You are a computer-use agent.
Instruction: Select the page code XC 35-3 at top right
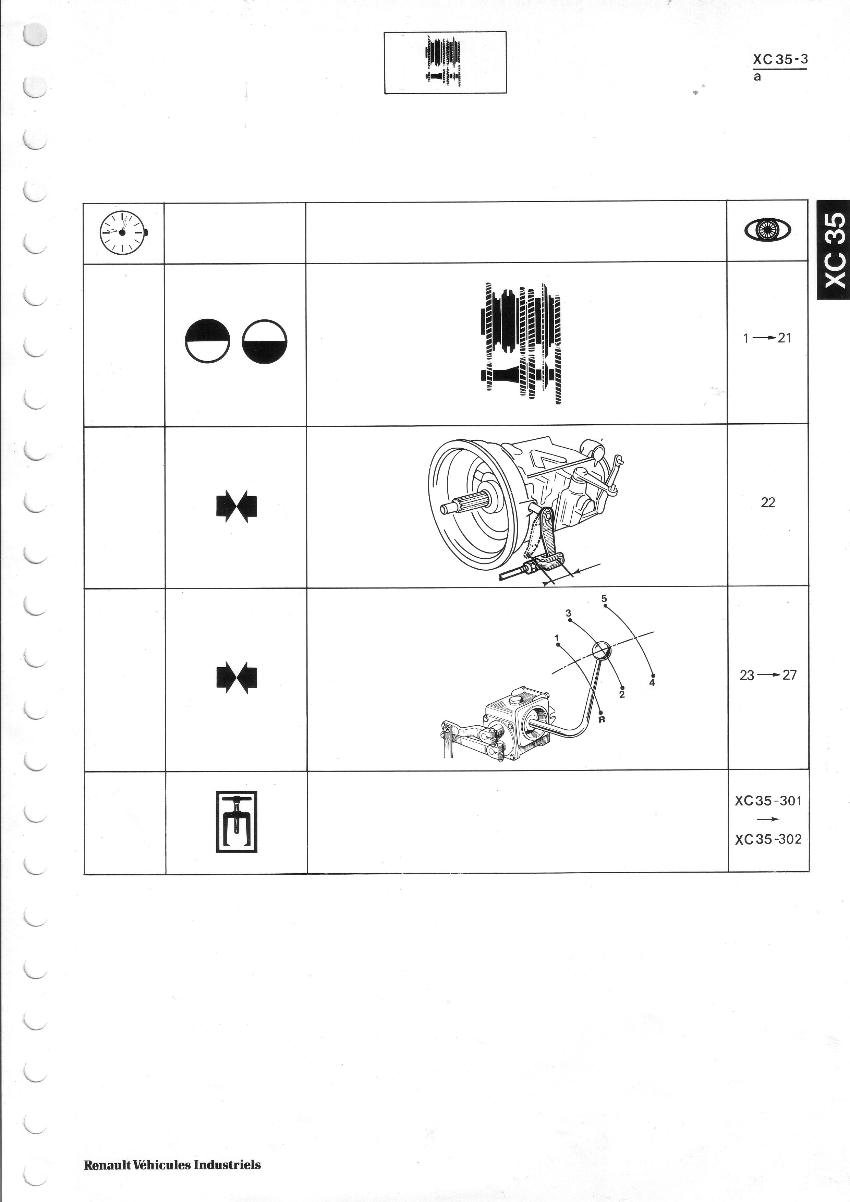(x=780, y=60)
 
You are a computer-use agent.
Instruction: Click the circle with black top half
(x=208, y=340)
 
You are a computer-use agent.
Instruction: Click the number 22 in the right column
(x=768, y=502)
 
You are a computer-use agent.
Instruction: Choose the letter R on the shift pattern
(x=602, y=720)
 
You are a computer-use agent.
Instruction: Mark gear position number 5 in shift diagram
(x=604, y=598)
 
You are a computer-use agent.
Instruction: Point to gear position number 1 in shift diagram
(x=557, y=638)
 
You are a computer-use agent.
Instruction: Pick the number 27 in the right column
(x=790, y=675)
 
